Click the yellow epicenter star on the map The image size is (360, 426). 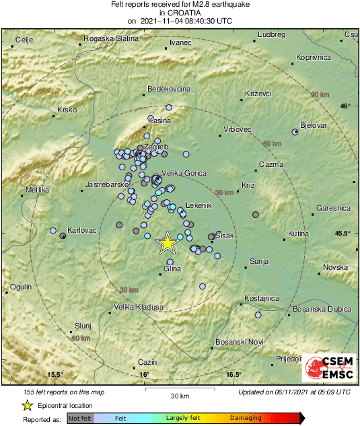(x=167, y=243)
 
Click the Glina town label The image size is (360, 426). (x=173, y=269)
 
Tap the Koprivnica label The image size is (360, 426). (x=314, y=58)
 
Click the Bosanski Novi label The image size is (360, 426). (x=238, y=343)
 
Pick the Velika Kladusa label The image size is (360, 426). (x=139, y=308)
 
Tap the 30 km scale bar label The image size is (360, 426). (x=180, y=395)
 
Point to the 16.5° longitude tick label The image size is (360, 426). (x=233, y=375)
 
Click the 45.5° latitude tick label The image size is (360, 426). (x=343, y=234)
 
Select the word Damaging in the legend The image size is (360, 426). (x=247, y=419)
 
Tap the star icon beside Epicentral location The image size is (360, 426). (x=27, y=405)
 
